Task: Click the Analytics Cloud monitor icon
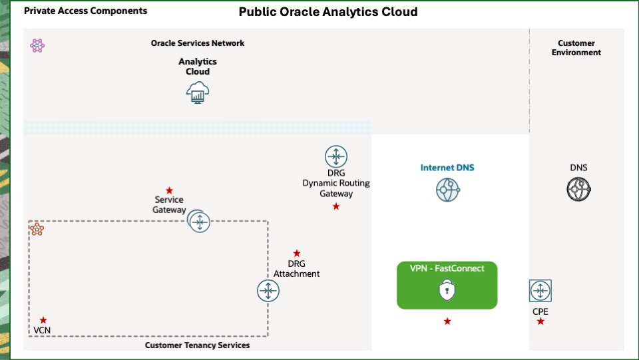198,92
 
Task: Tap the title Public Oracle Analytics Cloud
328,12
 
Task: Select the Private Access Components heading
86,11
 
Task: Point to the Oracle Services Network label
198,43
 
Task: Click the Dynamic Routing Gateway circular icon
336,157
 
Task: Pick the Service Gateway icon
199,221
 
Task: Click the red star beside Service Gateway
169,190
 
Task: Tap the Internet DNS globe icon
448,190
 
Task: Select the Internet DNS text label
447,168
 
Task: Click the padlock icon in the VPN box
447,290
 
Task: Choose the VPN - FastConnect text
447,268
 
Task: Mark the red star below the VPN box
447,321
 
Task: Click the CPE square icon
540,291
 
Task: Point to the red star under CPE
540,321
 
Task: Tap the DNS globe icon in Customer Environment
578,190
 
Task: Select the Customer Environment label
576,48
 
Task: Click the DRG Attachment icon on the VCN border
268,291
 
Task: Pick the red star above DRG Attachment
297,254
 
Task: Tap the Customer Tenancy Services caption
198,345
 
